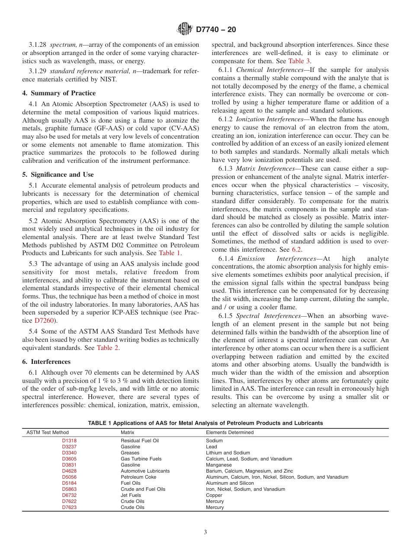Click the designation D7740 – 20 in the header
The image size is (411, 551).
[216, 30]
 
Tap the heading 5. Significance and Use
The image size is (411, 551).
[58, 175]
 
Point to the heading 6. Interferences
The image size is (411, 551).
[46, 362]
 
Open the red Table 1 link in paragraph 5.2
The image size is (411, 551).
[170, 253]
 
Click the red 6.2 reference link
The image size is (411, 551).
[296, 250]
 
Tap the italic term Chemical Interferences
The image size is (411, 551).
[270, 70]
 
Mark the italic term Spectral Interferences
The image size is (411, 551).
[268, 316]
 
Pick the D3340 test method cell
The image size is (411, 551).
[69, 453]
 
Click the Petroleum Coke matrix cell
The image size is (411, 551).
[135, 477]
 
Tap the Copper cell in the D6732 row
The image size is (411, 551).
[214, 495]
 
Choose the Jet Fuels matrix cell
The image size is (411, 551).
[131, 495]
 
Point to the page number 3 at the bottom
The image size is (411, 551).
[205, 532]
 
